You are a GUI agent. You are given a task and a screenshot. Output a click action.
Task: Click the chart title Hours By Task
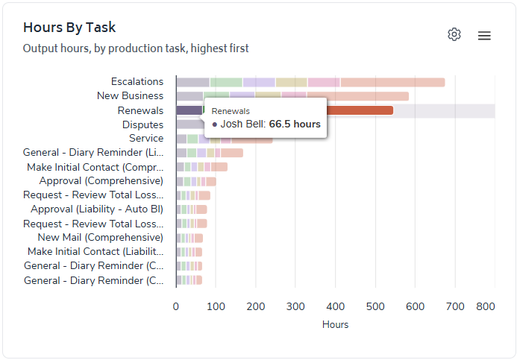[x=69, y=28]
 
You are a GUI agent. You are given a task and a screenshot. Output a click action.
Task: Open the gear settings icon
[x=454, y=34]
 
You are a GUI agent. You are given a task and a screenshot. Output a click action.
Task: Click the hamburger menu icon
[x=484, y=36]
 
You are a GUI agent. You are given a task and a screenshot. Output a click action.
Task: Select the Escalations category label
[x=137, y=81]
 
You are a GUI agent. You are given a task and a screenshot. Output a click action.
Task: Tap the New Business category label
[x=131, y=95]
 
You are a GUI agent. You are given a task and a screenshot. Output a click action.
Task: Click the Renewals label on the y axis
[x=141, y=110]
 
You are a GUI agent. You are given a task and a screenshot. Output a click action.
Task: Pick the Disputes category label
[x=142, y=124]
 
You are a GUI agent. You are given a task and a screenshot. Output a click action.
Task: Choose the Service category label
[x=146, y=138]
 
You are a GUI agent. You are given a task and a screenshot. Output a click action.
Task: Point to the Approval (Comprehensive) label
[x=101, y=180]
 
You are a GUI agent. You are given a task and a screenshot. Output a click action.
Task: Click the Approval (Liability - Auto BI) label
[x=97, y=209]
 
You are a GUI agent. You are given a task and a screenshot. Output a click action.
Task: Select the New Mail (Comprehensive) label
[x=101, y=237]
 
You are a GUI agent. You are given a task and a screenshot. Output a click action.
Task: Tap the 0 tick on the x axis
[x=176, y=306]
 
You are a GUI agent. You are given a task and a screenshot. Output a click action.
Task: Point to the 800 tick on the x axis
[x=486, y=306]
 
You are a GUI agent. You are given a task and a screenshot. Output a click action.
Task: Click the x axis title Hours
[x=335, y=324]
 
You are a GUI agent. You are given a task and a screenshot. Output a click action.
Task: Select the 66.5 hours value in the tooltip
[x=295, y=124]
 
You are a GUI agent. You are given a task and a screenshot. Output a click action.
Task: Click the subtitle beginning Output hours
[x=136, y=48]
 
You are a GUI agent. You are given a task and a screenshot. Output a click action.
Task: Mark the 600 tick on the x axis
[x=415, y=306]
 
